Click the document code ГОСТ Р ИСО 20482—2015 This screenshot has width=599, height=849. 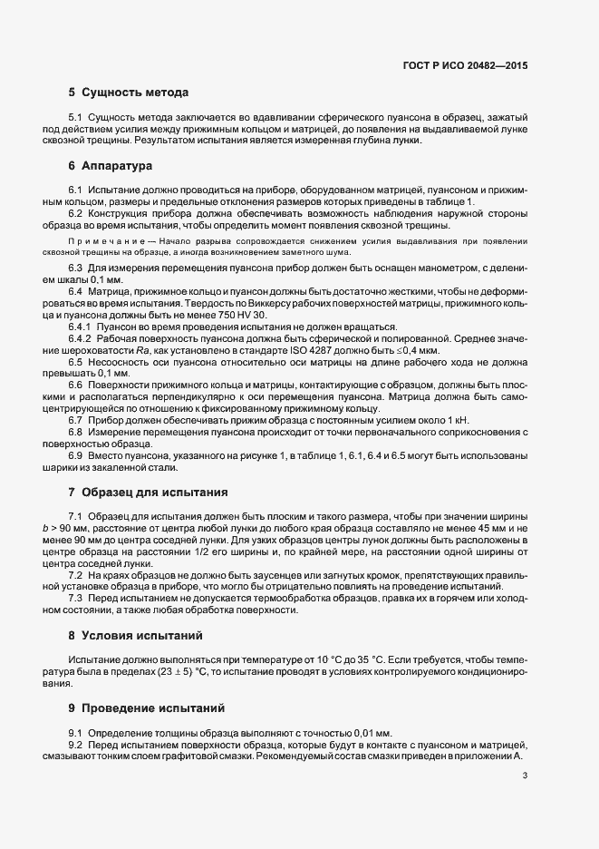[466, 65]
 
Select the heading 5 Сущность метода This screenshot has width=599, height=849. [128, 93]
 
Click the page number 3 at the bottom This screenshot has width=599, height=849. [525, 776]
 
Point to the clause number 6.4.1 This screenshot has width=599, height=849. [83, 326]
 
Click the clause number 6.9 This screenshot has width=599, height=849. [76, 456]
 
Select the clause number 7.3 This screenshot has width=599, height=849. [76, 598]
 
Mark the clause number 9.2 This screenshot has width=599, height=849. [76, 744]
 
